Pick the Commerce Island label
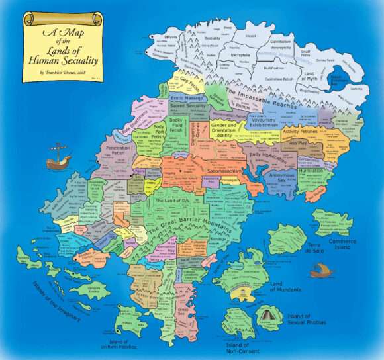click(x=342, y=244)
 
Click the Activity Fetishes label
click(x=301, y=131)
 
